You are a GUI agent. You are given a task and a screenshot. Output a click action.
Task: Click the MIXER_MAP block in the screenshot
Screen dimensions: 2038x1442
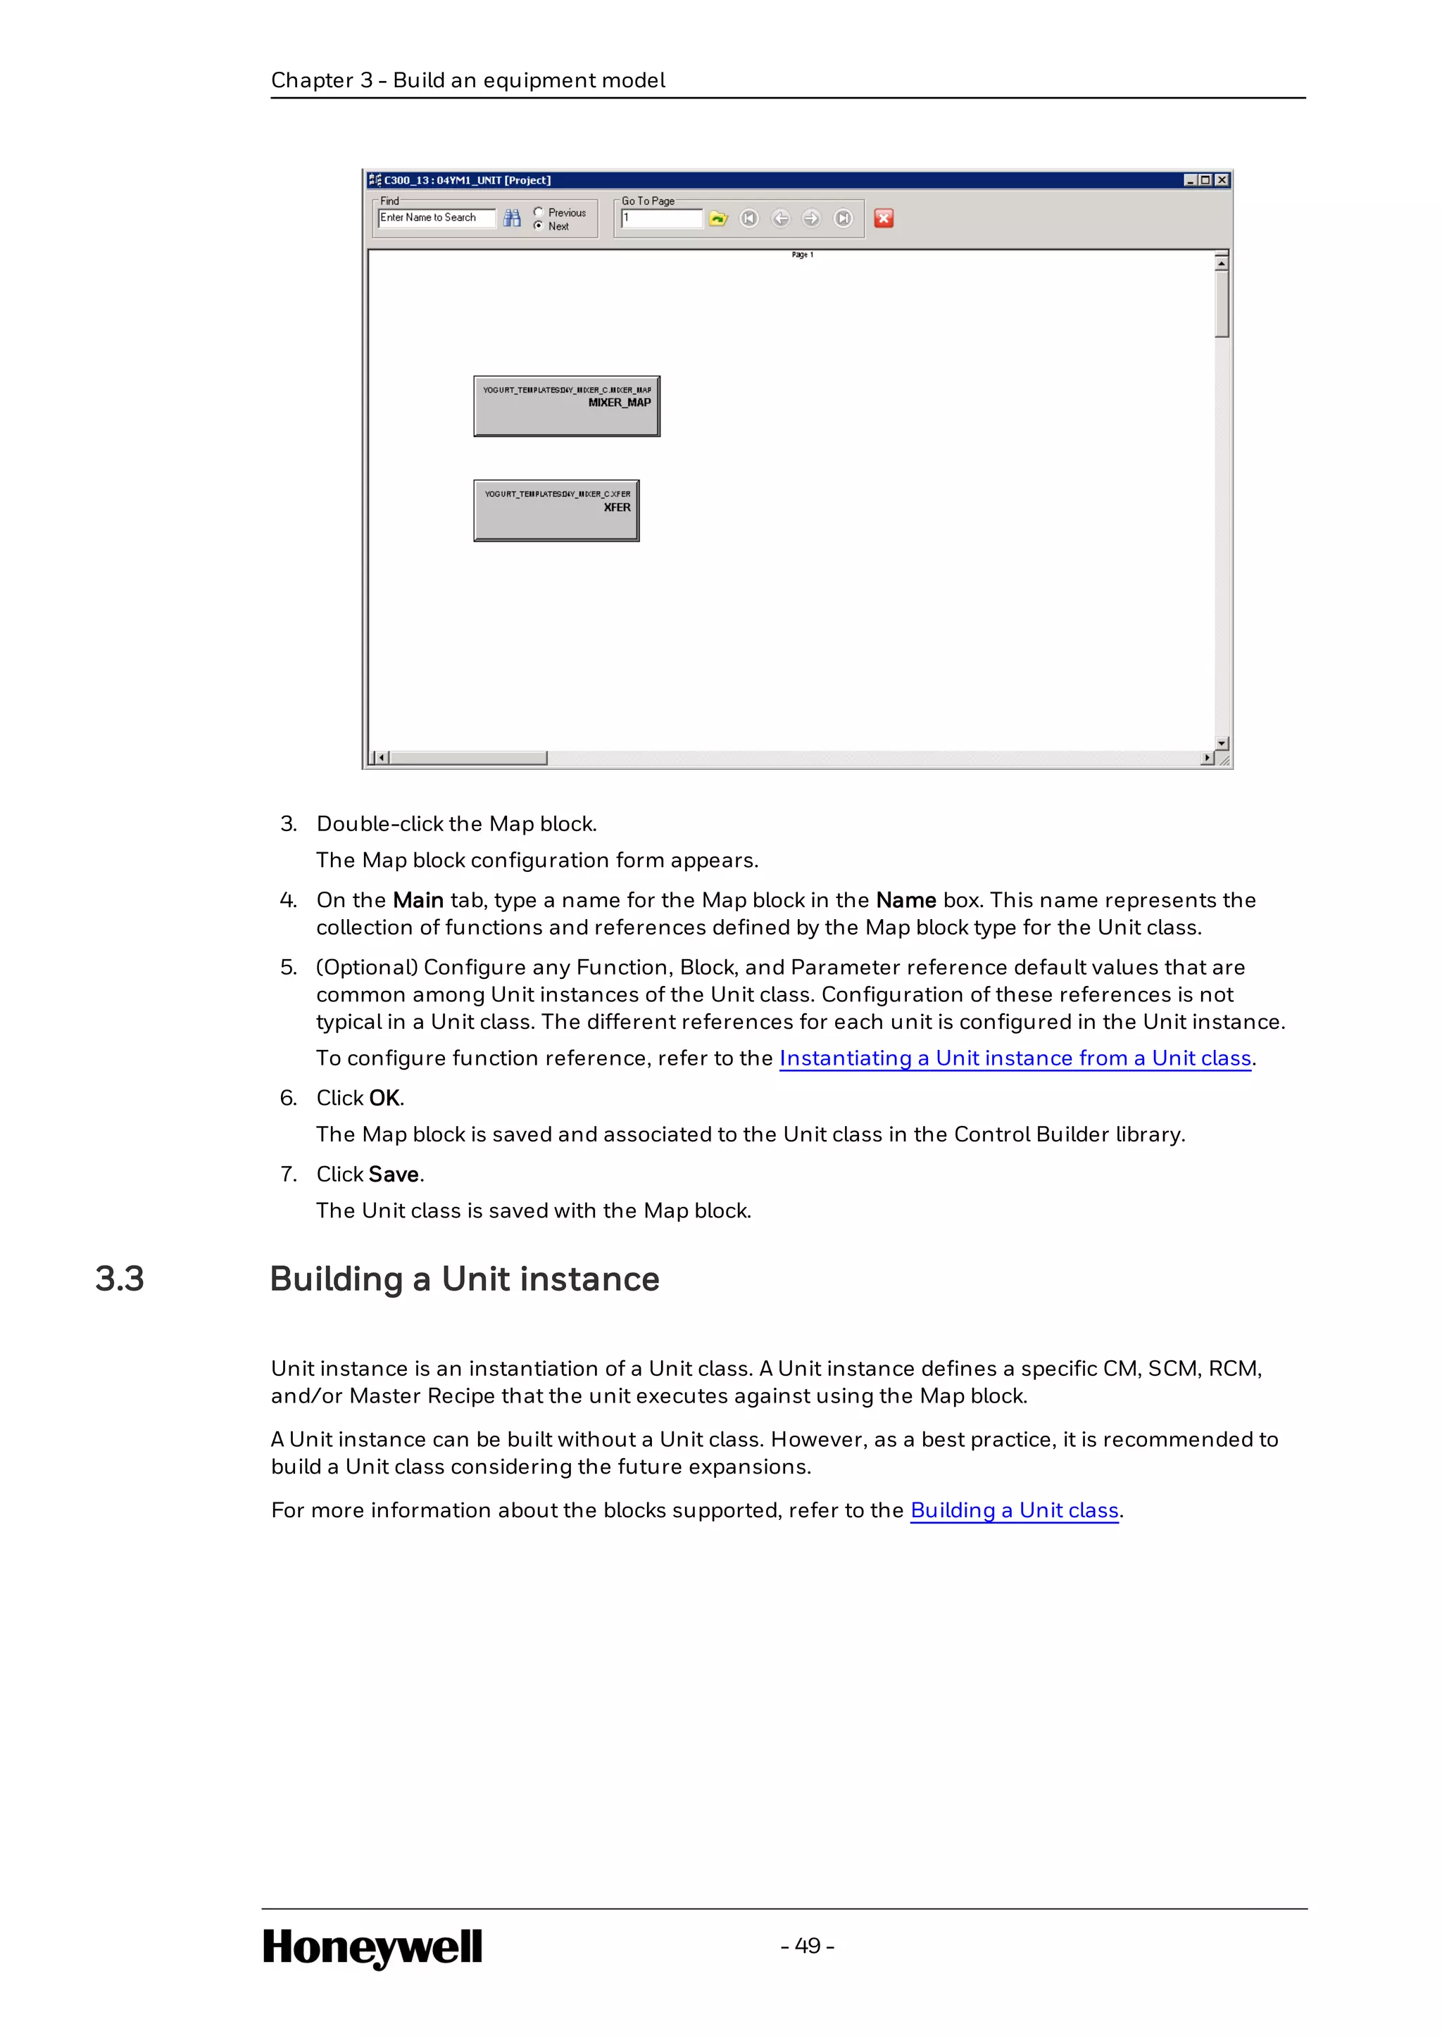point(567,405)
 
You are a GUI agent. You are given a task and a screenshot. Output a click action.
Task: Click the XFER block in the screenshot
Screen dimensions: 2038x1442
point(556,510)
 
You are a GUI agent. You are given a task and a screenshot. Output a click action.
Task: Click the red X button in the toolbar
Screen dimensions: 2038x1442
point(883,218)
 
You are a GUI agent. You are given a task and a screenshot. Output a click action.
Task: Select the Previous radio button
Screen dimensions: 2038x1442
point(538,212)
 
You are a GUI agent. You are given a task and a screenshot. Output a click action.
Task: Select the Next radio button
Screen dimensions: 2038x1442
point(538,225)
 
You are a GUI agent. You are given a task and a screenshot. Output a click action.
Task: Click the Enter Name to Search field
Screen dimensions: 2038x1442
point(435,217)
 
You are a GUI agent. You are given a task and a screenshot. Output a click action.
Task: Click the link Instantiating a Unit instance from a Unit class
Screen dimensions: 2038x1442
point(1015,1058)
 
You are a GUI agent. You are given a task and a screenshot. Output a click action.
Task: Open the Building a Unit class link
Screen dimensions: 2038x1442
point(1014,1510)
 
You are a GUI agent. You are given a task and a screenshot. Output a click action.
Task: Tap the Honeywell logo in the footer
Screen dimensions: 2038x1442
point(372,1947)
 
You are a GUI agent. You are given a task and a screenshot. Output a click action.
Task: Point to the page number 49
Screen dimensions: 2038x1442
point(807,1946)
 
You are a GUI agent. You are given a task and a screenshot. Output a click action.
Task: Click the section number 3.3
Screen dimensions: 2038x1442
point(120,1279)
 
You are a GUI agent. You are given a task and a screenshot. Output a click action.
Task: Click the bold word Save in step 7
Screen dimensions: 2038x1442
point(394,1175)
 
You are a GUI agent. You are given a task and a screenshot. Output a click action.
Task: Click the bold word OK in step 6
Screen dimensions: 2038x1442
point(384,1098)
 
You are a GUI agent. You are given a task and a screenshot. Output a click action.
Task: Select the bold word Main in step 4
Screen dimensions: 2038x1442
point(418,900)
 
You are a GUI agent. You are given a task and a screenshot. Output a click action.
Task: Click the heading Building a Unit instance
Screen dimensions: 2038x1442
point(465,1279)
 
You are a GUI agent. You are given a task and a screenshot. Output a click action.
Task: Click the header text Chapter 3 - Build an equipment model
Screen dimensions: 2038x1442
point(468,80)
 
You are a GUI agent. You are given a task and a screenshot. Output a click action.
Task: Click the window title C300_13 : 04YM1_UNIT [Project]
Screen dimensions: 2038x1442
point(467,180)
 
